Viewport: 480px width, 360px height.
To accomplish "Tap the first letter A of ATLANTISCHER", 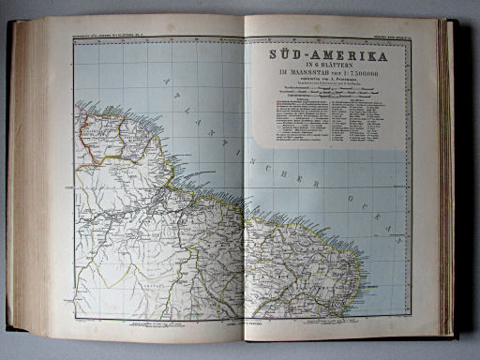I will pyautogui.click(x=168, y=81).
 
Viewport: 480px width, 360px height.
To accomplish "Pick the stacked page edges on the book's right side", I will pyautogui.click(x=446, y=178).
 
